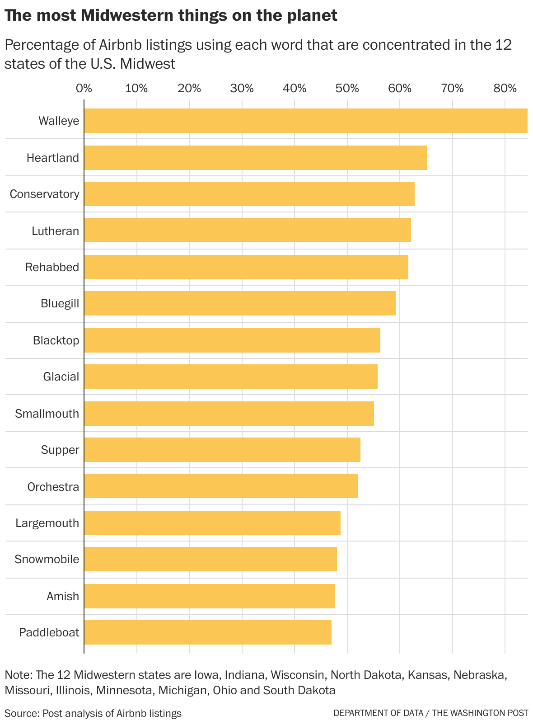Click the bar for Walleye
tap(305, 121)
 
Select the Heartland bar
tap(255, 158)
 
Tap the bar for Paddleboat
tap(207, 632)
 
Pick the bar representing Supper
tap(222, 450)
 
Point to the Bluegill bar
tap(239, 303)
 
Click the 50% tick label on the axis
tap(347, 88)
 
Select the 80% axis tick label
tap(505, 88)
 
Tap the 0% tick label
tap(84, 88)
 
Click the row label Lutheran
tap(55, 231)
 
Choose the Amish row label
tap(63, 596)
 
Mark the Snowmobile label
tap(47, 559)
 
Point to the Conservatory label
tap(44, 194)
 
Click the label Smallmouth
tap(47, 414)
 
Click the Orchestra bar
tap(220, 486)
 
